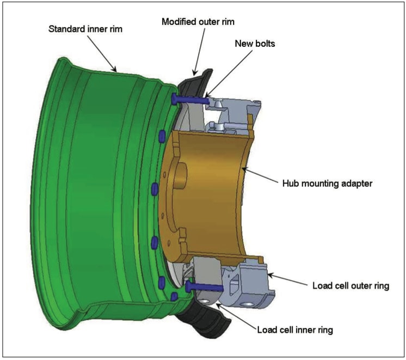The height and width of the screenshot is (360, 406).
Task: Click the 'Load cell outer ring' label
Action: (x=350, y=285)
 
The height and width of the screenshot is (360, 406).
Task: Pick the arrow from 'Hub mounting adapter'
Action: (x=261, y=176)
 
